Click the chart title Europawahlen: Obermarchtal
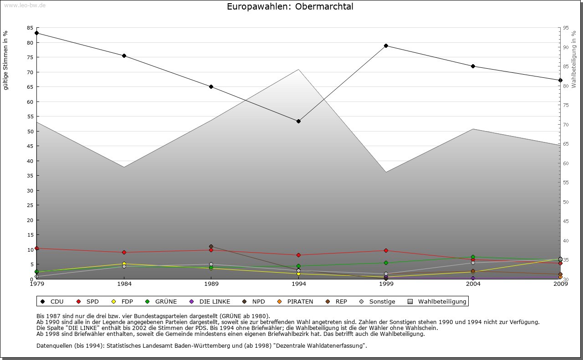pyautogui.click(x=290, y=7)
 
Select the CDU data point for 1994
pyautogui.click(x=298, y=121)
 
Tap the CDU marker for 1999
pyautogui.click(x=386, y=46)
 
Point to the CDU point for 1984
pyautogui.click(x=124, y=56)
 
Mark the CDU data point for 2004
pyautogui.click(x=473, y=66)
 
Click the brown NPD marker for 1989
pyautogui.click(x=211, y=247)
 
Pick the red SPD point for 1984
pyautogui.click(x=124, y=252)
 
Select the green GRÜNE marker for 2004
pyautogui.click(x=473, y=257)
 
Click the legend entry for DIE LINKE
pyautogui.click(x=215, y=301)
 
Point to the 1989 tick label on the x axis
pyautogui.click(x=211, y=284)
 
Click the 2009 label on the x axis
pyautogui.click(x=560, y=284)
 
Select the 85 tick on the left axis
pyautogui.click(x=30, y=28)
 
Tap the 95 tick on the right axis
pyautogui.click(x=566, y=28)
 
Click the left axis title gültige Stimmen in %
pyautogui.click(x=6, y=60)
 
